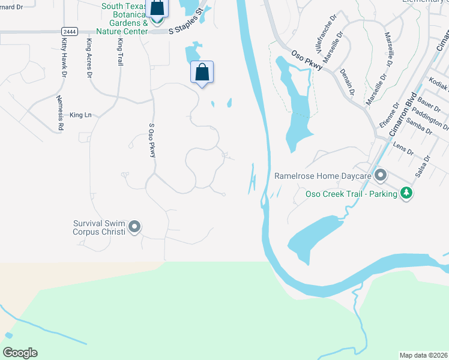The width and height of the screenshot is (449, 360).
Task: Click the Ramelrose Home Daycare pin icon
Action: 380,176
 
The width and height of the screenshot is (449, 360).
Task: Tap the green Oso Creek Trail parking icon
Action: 407,193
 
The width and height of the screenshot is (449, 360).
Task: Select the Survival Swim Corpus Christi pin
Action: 134,227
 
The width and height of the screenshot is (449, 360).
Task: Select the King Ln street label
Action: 80,115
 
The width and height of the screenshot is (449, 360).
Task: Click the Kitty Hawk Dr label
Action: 64,58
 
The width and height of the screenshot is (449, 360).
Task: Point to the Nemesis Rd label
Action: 60,113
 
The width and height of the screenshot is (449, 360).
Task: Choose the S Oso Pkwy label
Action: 152,141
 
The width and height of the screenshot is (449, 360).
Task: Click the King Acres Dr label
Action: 89,58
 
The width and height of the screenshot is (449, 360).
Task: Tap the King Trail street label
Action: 120,53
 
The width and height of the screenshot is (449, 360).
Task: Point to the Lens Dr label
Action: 403,148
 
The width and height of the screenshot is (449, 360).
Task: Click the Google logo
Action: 20,352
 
